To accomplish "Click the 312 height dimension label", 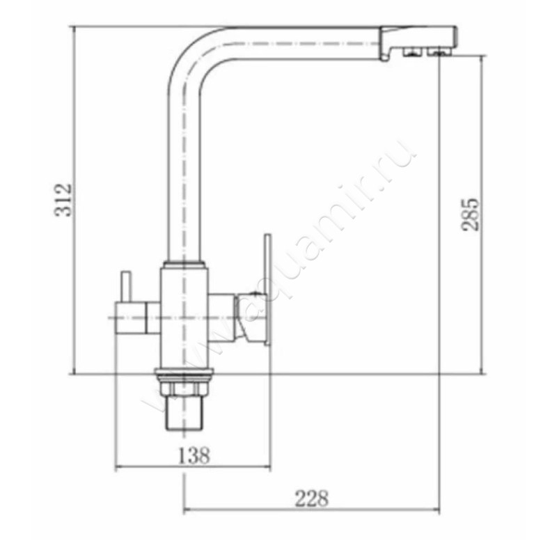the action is (x=64, y=200).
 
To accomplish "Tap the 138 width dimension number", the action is (x=194, y=455).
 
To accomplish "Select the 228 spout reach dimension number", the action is (x=312, y=499).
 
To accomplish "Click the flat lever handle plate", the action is (x=267, y=289).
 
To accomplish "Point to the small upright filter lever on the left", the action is (x=126, y=287).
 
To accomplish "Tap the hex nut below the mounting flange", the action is (x=184, y=389).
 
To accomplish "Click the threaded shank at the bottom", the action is (x=184, y=413).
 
